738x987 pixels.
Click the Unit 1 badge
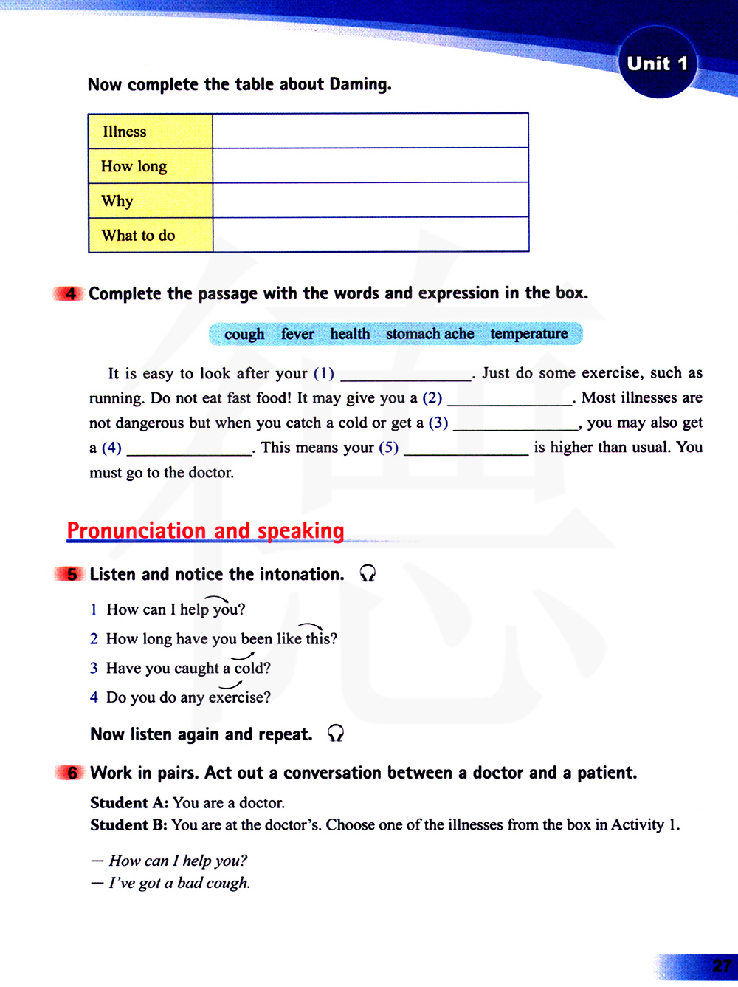click(657, 64)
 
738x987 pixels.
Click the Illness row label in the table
click(124, 132)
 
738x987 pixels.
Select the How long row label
click(134, 166)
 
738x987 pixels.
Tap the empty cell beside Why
click(370, 200)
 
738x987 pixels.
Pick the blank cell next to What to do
click(370, 235)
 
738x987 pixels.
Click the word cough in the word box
click(244, 335)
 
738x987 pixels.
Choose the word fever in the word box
click(297, 335)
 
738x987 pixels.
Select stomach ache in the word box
click(430, 334)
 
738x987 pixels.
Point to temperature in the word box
click(529, 334)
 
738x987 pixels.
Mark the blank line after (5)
click(466, 450)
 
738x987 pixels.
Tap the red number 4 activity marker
click(70, 293)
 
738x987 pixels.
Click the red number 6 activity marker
click(72, 773)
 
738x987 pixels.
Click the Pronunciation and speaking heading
click(205, 530)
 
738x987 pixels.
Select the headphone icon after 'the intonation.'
click(368, 573)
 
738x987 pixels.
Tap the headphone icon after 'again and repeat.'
click(336, 733)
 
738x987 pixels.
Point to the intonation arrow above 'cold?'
click(243, 655)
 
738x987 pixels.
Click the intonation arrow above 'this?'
click(311, 626)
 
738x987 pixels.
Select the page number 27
click(721, 966)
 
